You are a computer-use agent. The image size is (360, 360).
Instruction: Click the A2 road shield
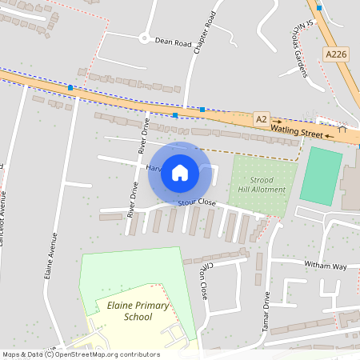pos(262,118)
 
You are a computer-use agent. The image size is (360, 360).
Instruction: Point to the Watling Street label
pos(300,128)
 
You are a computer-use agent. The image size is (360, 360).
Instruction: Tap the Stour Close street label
pos(197,203)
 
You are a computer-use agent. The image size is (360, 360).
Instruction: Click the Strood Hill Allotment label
pos(262,185)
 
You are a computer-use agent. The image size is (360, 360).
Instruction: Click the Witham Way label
pos(325,266)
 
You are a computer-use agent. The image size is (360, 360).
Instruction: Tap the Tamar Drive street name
pos(266,312)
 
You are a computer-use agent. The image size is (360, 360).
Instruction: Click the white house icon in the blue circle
pos(180,172)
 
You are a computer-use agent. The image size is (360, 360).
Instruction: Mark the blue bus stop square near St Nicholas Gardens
pos(319,7)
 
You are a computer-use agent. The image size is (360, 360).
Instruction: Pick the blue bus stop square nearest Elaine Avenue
pos(71,86)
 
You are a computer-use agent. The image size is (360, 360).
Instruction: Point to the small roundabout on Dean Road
pos(143,37)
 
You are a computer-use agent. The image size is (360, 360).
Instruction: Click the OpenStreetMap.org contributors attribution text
pos(111,354)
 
